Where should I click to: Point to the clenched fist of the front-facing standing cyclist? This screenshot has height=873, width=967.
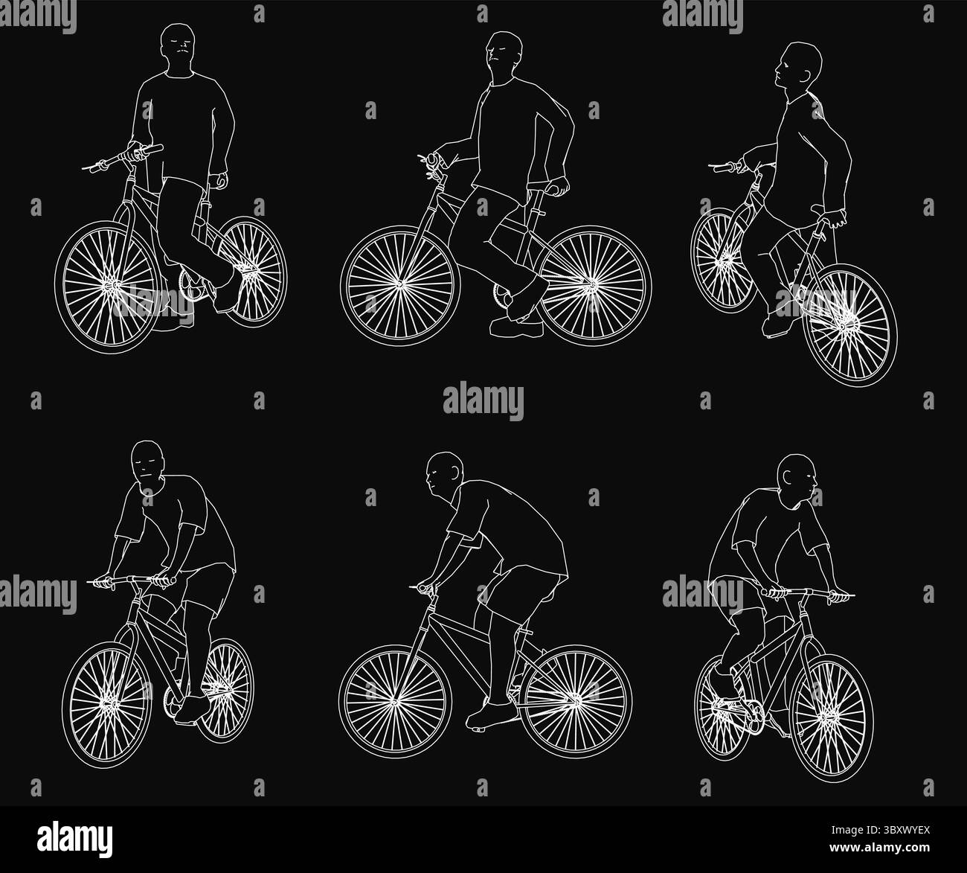[x=218, y=180]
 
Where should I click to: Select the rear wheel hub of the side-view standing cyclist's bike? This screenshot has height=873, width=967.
[x=591, y=284]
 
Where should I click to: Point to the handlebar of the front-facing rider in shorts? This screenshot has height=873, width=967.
[x=136, y=579]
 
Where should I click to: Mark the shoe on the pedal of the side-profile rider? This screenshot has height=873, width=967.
[x=489, y=715]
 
